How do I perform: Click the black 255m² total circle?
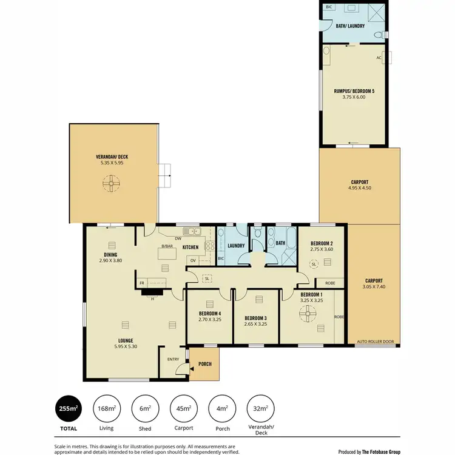tap(68, 409)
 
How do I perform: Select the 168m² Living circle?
tap(106, 409)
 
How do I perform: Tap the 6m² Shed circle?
tap(145, 409)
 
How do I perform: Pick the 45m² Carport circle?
tap(183, 409)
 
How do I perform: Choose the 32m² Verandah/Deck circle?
tap(260, 409)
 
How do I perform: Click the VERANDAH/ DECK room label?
tap(112, 157)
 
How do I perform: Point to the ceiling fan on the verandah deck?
tap(112, 183)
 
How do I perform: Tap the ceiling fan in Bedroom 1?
tap(309, 312)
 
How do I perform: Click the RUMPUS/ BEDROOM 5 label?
tap(354, 91)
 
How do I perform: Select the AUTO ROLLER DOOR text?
tap(375, 342)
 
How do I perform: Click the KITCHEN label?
tap(191, 247)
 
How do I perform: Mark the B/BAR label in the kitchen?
tap(167, 246)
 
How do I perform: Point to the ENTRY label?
tap(173, 359)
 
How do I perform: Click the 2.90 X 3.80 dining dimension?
tap(110, 260)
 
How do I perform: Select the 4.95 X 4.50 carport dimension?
tap(359, 188)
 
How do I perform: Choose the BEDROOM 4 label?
tap(209, 314)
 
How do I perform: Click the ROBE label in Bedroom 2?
tap(330, 283)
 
